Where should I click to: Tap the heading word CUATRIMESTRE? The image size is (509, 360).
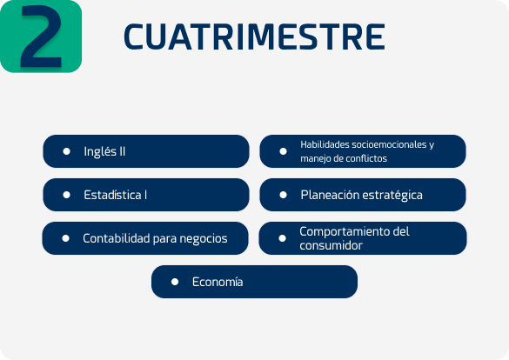click(254, 37)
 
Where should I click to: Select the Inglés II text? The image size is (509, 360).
click(104, 151)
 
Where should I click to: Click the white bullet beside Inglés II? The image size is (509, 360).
click(66, 151)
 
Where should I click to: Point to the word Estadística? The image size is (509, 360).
click(112, 195)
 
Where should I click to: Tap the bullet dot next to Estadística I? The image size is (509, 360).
click(66, 195)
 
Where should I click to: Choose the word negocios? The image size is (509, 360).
click(204, 239)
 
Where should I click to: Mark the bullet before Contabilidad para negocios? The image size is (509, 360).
click(65, 238)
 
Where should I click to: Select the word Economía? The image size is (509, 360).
click(218, 282)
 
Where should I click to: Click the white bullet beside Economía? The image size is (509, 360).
click(175, 282)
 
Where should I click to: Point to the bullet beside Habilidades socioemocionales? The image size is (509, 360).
click(283, 151)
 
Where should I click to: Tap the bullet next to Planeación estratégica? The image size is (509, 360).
click(283, 195)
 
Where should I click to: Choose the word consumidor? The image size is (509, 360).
click(331, 245)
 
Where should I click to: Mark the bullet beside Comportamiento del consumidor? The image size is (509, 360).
click(282, 238)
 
